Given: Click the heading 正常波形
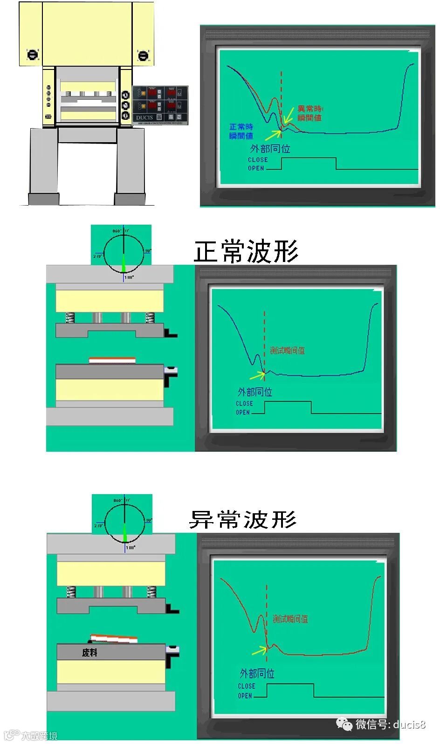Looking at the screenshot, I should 246,252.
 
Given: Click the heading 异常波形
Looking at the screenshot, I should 243,519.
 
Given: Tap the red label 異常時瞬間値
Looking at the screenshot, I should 310,113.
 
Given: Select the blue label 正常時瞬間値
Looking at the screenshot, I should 241,131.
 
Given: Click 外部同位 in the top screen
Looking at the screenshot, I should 270,149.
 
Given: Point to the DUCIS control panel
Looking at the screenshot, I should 160,104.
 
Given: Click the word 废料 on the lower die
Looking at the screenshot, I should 89,653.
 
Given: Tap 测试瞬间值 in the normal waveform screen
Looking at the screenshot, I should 287,351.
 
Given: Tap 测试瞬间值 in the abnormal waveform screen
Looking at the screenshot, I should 290,619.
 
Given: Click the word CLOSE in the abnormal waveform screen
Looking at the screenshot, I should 246,686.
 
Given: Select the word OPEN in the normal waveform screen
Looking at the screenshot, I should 242,413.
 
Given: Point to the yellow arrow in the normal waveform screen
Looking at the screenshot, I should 257,374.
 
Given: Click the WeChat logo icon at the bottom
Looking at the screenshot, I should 345,724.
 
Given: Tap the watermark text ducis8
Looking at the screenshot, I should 409,724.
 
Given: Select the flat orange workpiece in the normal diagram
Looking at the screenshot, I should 112,360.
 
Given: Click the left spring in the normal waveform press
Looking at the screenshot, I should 70,317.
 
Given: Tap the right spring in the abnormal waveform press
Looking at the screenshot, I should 151,592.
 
